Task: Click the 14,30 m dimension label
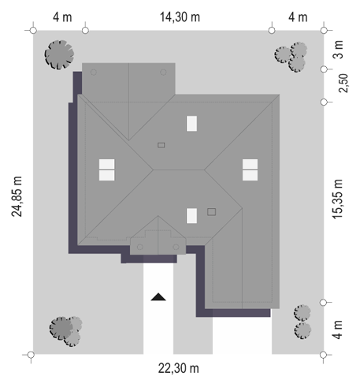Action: [x=180, y=17]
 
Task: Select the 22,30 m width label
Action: [x=179, y=368]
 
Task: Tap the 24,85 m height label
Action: [x=17, y=196]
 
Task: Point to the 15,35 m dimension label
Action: [x=337, y=199]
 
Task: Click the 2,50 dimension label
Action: [x=343, y=83]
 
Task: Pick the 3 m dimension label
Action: [x=338, y=50]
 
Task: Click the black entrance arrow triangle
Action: [x=158, y=297]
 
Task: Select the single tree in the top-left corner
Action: [x=59, y=54]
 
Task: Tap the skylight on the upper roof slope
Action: [x=191, y=124]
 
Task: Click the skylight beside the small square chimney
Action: [x=191, y=216]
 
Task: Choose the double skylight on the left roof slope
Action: [x=106, y=169]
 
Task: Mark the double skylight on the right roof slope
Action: [x=250, y=169]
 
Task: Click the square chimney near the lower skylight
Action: [x=212, y=212]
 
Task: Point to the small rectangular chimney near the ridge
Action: [x=161, y=145]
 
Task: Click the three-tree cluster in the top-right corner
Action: [x=291, y=57]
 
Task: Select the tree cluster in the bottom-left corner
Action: [x=65, y=331]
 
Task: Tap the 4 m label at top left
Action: [x=62, y=17]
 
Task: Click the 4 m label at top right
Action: [x=298, y=17]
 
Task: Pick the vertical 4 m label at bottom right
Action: [x=338, y=330]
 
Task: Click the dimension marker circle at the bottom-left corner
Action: [x=31, y=355]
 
